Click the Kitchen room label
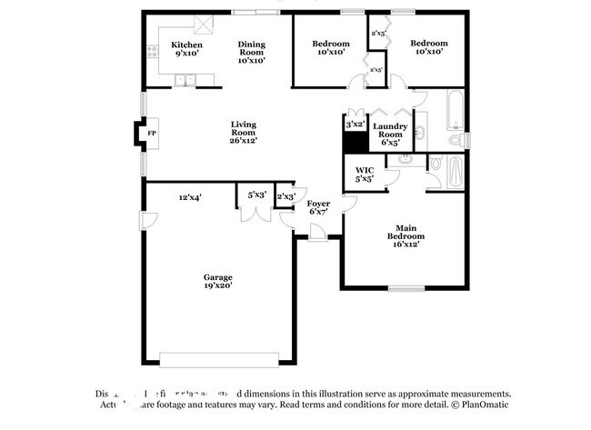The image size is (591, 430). pos(186,49)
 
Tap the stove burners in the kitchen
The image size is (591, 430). pos(153,49)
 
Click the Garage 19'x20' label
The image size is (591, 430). pos(217,281)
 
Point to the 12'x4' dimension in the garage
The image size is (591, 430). pos(189,196)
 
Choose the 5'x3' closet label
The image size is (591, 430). pos(256,195)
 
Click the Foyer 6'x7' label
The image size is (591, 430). pos(317,207)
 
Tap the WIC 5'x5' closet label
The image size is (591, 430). pos(365,175)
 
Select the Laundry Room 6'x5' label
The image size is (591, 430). pos(390,133)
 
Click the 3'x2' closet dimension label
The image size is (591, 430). pos(355,123)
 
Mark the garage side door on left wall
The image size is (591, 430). pos(145,220)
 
